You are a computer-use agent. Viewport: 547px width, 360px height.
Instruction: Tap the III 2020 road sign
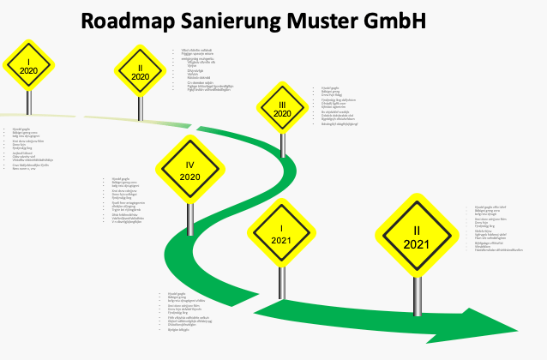(282, 108)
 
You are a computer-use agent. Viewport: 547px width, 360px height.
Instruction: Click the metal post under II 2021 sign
(417, 286)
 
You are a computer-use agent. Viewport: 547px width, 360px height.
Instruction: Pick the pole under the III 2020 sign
(282, 144)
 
